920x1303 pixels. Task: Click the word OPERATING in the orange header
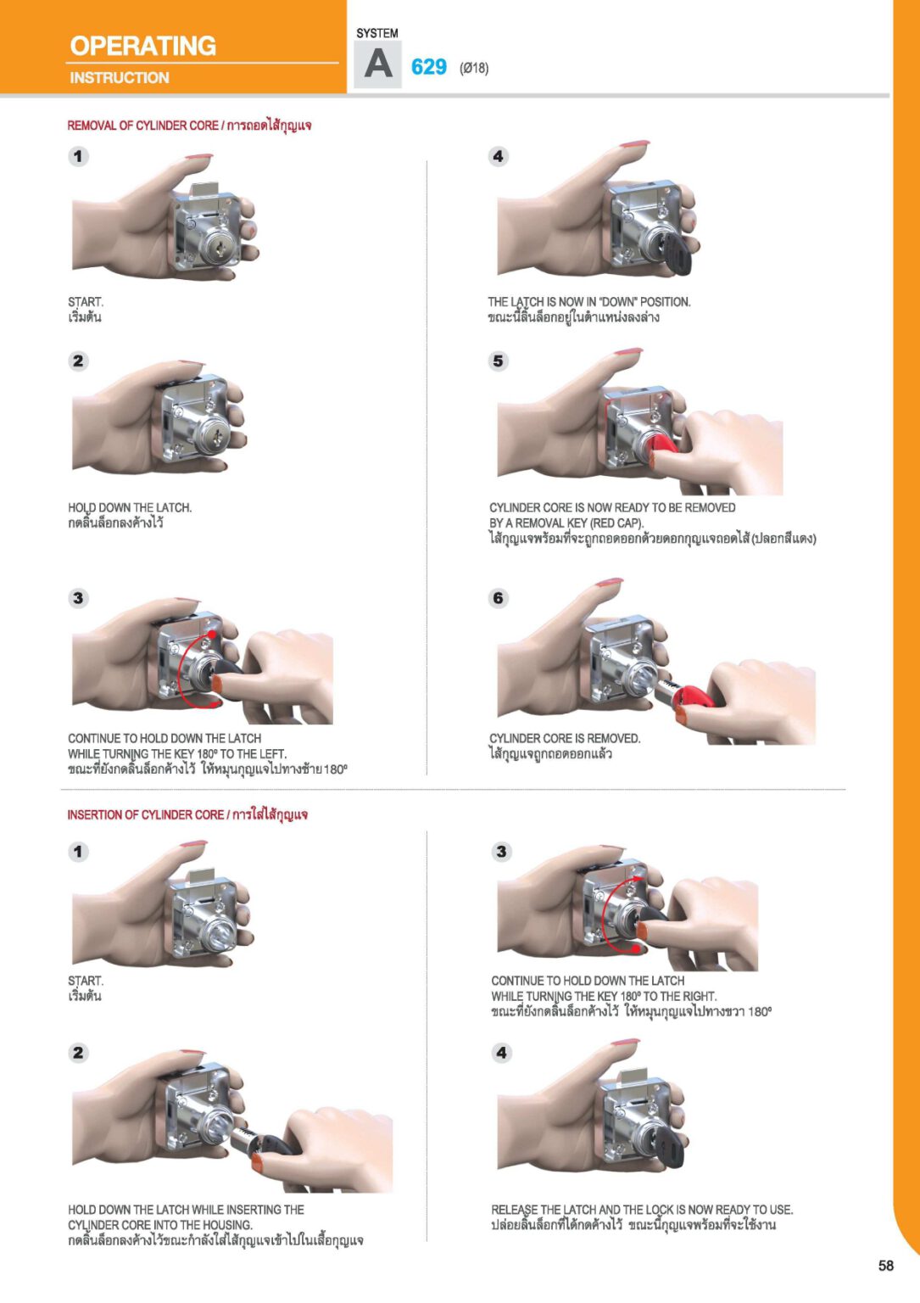click(143, 46)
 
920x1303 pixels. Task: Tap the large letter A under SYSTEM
click(378, 64)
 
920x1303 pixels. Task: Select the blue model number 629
click(428, 68)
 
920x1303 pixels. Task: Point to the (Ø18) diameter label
click(474, 69)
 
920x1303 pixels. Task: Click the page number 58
click(886, 1266)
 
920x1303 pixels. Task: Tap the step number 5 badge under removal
click(499, 361)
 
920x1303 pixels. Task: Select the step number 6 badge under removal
click(499, 598)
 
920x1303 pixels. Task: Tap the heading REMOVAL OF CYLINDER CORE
click(143, 126)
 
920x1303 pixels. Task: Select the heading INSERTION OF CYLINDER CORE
click(145, 815)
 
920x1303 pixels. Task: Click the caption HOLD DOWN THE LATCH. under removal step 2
click(130, 508)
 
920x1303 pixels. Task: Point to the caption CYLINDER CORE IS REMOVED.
click(565, 739)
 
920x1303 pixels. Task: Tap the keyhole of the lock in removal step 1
click(220, 249)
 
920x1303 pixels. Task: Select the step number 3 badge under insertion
click(501, 853)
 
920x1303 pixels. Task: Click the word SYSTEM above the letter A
click(377, 34)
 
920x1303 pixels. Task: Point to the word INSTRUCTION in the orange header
click(120, 78)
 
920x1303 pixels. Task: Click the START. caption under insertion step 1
click(86, 981)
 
